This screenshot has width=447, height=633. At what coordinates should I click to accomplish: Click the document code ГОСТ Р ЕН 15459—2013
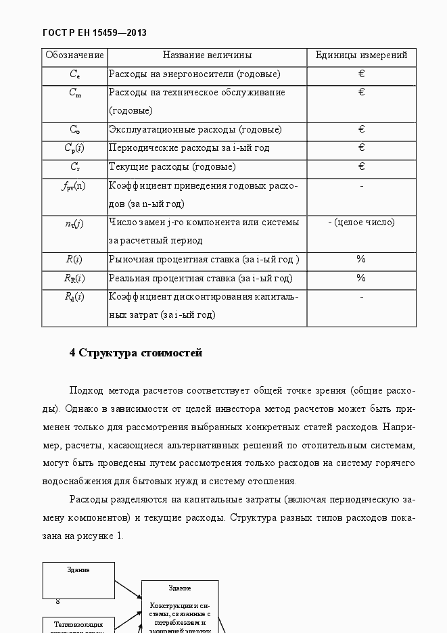[94, 32]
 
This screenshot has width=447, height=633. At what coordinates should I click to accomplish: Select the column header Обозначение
[74, 55]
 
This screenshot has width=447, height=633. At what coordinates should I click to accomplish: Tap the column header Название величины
[207, 55]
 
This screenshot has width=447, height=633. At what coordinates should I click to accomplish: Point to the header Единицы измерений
[361, 55]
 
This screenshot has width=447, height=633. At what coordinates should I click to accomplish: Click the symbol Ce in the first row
[74, 74]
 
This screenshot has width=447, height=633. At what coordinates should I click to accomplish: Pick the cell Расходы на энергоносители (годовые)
[194, 74]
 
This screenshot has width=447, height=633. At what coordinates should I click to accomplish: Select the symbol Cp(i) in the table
[74, 148]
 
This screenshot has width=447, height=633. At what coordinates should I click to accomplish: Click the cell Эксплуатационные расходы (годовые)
[195, 130]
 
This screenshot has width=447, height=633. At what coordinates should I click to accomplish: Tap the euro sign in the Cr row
[361, 166]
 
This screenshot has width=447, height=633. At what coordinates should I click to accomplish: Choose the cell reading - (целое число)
[361, 222]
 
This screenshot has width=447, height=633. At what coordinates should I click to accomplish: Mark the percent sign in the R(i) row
[361, 259]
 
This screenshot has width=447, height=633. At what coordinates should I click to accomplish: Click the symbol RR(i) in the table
[74, 278]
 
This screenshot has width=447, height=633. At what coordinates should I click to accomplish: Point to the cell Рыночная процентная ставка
[204, 260]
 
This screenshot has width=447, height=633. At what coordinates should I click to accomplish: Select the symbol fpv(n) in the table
[74, 185]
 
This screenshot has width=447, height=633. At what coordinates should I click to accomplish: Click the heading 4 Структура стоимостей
[136, 353]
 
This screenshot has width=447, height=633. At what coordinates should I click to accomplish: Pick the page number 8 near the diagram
[58, 601]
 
